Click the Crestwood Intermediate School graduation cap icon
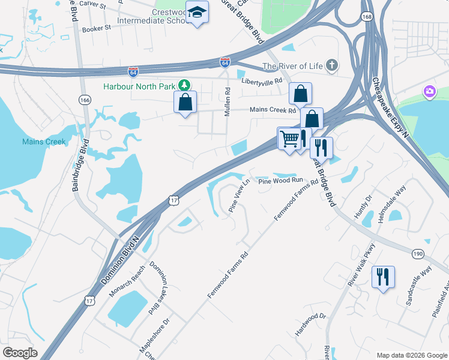coord(196,13)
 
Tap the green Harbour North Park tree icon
coord(186,86)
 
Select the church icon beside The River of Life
coord(331,66)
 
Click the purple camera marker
coord(429,92)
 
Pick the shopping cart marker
coord(289,139)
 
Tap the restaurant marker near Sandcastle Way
coord(382,277)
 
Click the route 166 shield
coord(85,100)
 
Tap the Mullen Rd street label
coord(228,102)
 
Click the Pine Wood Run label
coord(280,180)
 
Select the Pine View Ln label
coord(239,195)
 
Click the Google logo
coord(20,353)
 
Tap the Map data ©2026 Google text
coord(411,355)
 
